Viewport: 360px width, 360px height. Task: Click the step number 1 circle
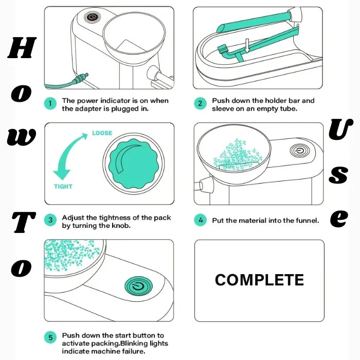(50, 104)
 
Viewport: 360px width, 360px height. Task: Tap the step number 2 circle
(201, 104)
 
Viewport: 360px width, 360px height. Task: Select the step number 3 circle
(50, 221)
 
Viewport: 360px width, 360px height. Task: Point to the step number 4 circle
(201, 221)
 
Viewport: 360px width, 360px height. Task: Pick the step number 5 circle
(50, 337)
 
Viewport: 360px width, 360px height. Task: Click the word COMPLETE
(259, 280)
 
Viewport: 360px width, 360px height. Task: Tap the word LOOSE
(102, 133)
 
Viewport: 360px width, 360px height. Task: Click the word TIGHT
(63, 187)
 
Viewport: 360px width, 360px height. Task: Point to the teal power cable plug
(79, 79)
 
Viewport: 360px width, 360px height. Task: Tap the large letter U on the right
(340, 131)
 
